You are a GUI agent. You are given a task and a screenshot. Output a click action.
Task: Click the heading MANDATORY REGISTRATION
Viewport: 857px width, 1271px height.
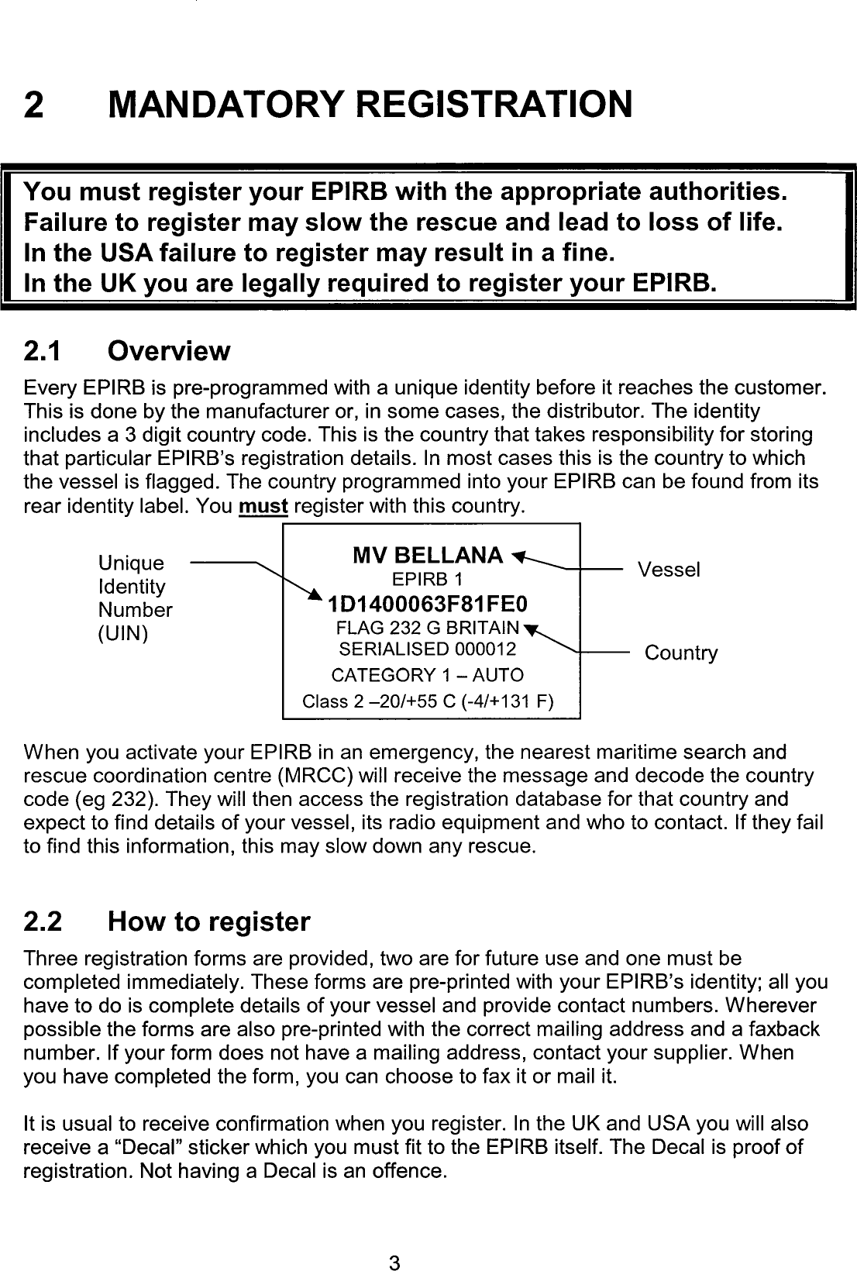point(370,104)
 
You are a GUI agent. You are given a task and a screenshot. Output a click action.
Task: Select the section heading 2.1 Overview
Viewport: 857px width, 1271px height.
point(127,351)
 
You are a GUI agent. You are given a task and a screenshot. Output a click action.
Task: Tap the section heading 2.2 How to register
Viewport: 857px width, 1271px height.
point(167,921)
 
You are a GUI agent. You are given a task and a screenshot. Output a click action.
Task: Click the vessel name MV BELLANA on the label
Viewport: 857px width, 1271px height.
point(427,555)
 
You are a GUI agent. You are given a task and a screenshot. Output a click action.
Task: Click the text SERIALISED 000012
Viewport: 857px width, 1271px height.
point(428,649)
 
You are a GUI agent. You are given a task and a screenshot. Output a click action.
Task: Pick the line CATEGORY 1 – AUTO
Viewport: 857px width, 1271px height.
point(427,675)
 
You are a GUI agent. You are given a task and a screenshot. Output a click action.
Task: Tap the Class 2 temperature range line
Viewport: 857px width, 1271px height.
point(427,702)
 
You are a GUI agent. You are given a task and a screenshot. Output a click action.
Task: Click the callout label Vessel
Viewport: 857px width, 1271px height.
point(669,570)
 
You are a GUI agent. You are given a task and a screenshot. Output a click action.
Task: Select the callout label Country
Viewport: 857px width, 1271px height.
point(681,653)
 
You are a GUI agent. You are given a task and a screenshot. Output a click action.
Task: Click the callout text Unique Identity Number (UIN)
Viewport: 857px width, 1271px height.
point(133,598)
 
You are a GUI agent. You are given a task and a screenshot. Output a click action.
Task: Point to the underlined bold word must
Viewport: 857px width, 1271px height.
point(263,508)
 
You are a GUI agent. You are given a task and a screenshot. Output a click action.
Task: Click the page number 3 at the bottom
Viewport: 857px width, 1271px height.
point(394,1242)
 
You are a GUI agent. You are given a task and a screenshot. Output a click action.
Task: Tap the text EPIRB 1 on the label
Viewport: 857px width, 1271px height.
point(427,580)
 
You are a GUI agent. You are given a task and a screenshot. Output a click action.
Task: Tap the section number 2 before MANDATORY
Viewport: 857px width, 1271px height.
point(33,104)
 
